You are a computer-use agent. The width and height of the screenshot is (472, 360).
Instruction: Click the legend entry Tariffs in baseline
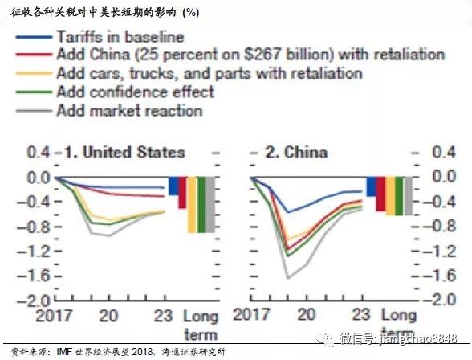pos(120,37)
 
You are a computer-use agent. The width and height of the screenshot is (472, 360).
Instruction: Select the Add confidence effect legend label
pos(136,92)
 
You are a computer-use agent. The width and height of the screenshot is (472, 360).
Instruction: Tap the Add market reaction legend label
pos(130,111)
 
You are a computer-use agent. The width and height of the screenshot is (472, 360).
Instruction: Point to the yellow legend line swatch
pos(34,73)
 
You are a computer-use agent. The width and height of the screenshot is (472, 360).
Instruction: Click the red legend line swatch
pos(34,55)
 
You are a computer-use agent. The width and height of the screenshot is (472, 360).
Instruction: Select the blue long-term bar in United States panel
pos(173,186)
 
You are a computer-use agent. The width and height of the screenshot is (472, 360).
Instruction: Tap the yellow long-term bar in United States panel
pos(192,205)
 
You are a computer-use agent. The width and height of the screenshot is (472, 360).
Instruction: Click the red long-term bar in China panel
pos(380,194)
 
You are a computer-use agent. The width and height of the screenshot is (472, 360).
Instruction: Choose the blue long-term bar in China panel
pos(372,186)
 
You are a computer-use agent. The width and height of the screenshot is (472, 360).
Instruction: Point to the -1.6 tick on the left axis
pos(34,276)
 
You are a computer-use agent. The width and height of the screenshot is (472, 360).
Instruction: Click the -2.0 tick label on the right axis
pos(439,300)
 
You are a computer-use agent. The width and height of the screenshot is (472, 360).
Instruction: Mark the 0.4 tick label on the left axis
pos(39,152)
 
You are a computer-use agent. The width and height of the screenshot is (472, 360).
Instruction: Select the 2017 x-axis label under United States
pos(54,316)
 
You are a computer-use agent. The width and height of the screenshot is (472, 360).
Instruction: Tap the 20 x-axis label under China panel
pos(307,314)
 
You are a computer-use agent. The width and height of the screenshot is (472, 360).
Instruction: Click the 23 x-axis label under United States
pos(164,316)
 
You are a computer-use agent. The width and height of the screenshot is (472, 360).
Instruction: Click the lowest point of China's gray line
pos(288,278)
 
